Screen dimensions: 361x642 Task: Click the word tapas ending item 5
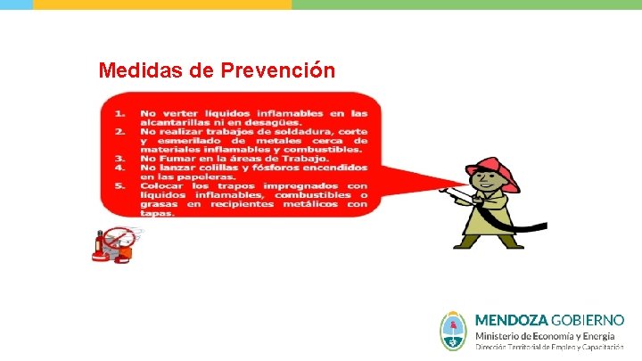tap(153, 214)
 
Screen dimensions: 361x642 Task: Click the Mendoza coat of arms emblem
tap(454, 330)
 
